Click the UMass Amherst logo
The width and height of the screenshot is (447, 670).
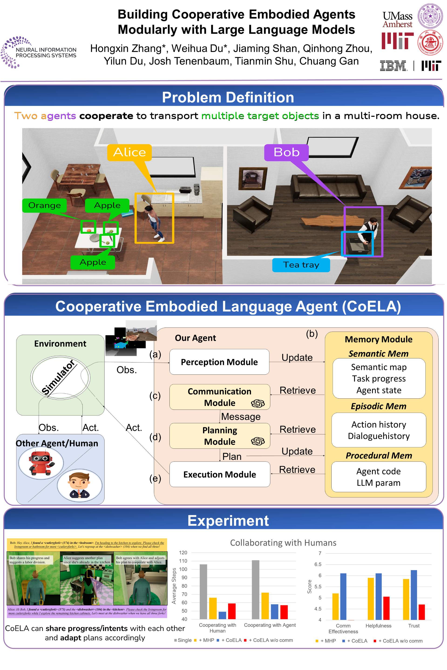(397, 19)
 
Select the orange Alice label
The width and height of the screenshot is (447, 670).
(129, 152)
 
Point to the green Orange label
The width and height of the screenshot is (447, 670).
(44, 205)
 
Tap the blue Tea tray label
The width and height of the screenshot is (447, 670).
(301, 265)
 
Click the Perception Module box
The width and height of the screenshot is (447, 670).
(219, 362)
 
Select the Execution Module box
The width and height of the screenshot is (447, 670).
(220, 474)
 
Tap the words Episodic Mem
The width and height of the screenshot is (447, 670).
(379, 406)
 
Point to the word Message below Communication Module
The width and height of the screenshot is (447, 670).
(241, 417)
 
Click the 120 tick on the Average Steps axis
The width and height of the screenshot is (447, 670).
(183, 553)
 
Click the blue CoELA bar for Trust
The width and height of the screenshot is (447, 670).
(414, 595)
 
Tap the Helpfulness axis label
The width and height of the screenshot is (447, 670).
(378, 626)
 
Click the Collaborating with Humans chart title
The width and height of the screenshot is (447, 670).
(283, 543)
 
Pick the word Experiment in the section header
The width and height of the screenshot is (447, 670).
(228, 521)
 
